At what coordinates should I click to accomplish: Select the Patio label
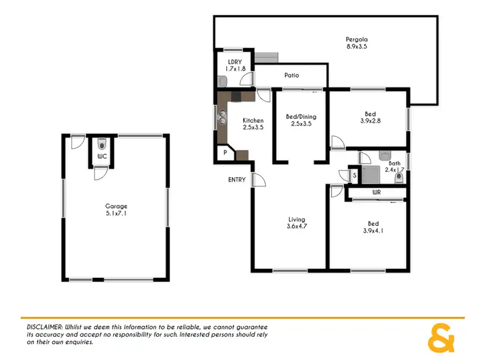coord(292,76)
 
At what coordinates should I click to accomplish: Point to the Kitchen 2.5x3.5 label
coord(253,124)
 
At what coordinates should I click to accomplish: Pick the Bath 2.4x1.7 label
coord(394,167)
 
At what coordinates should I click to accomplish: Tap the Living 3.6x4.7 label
coord(296,223)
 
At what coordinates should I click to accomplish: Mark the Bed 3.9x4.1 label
coord(370,228)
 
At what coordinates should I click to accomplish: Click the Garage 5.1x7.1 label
coord(116,211)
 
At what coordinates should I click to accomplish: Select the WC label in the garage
coord(102,156)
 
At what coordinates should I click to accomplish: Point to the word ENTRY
coord(237,180)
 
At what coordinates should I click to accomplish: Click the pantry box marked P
coord(225,153)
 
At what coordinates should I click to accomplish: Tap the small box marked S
coord(354,175)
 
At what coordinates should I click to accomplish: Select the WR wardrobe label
coord(376,193)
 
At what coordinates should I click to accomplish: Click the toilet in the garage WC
coord(102,144)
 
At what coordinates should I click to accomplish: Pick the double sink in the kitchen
coord(223,118)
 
